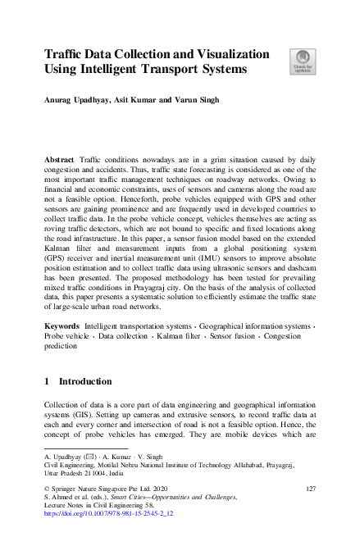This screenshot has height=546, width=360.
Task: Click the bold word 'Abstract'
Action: [x=62, y=155]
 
